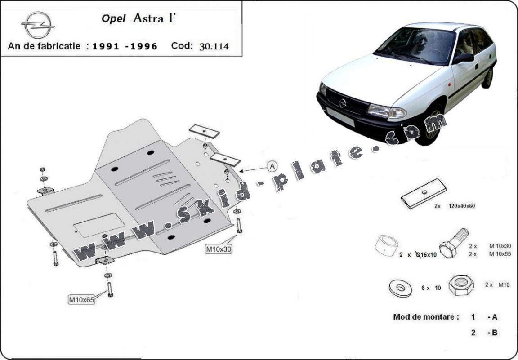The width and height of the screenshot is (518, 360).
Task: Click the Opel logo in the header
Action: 38,25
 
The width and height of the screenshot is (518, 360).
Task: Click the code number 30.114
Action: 214,46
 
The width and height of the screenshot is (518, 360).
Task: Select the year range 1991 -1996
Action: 125,46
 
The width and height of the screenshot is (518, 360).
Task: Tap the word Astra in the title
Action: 148,18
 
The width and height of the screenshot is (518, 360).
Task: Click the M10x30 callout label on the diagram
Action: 219,249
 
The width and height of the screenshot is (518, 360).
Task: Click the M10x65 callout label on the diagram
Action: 81,300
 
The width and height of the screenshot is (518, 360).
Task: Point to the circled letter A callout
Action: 272,166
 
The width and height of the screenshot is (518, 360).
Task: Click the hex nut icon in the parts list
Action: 461,284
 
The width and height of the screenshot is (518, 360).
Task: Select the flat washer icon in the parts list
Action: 400,289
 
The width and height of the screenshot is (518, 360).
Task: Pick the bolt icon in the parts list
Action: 454,243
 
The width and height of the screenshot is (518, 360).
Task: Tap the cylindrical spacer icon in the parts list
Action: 387,245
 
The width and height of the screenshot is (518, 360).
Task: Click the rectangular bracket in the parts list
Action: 423,194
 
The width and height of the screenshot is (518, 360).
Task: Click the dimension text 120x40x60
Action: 461,206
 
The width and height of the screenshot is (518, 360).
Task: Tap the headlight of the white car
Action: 387,111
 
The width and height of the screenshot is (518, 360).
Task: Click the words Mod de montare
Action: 426,317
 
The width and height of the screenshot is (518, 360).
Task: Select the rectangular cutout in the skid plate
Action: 99,225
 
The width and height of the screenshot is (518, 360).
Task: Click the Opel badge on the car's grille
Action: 342,103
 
